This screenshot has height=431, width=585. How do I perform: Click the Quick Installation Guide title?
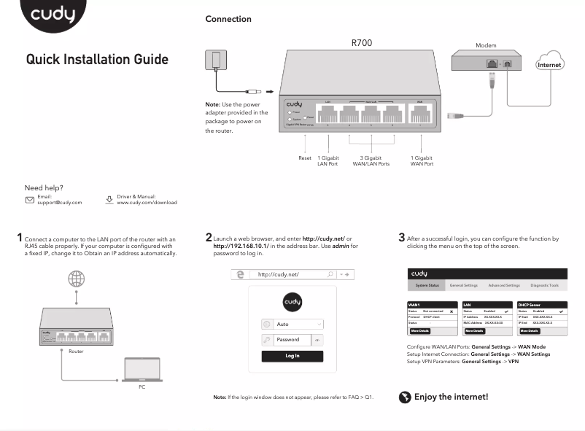click(97, 60)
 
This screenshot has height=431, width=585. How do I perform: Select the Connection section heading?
click(228, 19)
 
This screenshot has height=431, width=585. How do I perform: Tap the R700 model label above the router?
click(361, 43)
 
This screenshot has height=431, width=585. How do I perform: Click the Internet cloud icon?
click(550, 63)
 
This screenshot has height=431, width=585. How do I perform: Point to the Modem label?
click(485, 45)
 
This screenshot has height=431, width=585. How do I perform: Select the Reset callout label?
click(305, 158)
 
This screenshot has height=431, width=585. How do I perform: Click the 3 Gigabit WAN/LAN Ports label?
click(371, 160)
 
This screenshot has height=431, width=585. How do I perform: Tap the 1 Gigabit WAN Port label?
click(422, 160)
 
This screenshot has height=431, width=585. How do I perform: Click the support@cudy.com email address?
click(60, 203)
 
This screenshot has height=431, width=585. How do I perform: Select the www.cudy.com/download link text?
click(147, 203)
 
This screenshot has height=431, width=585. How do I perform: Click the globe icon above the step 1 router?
click(76, 279)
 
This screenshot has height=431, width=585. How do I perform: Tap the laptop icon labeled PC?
click(142, 370)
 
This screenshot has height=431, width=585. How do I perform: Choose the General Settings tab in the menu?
click(463, 285)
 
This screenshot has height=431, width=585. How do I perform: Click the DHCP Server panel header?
click(542, 305)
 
